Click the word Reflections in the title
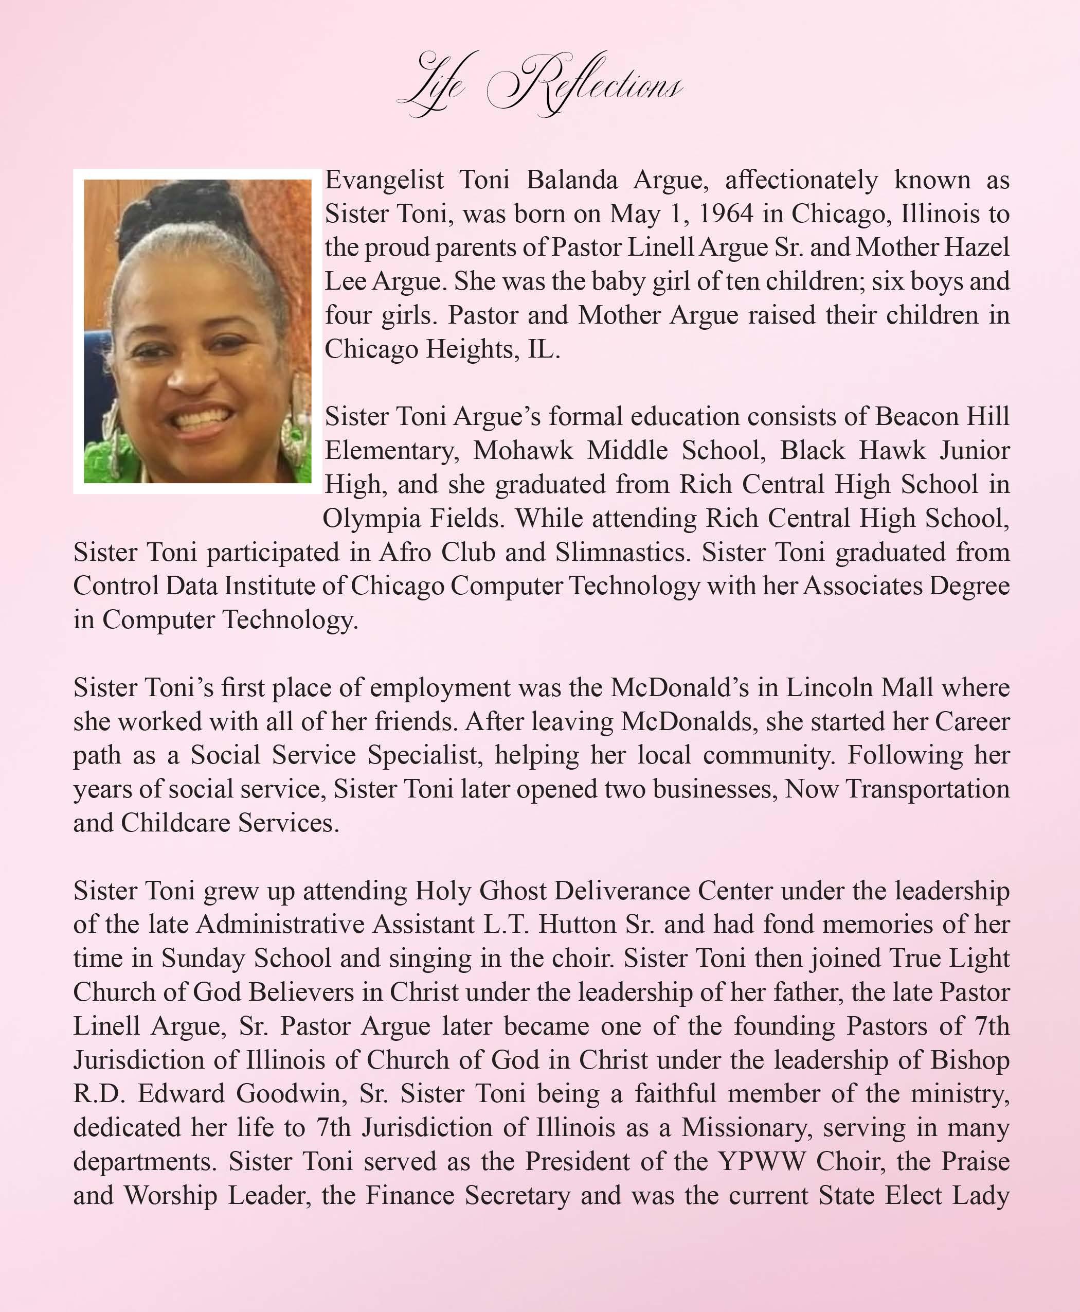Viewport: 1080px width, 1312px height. tap(585, 84)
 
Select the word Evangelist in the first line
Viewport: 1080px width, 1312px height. tap(384, 180)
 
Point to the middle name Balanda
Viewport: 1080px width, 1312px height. tap(572, 180)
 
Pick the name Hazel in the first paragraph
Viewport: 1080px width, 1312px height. tap(977, 247)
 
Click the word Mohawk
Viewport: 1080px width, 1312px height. tap(523, 450)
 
